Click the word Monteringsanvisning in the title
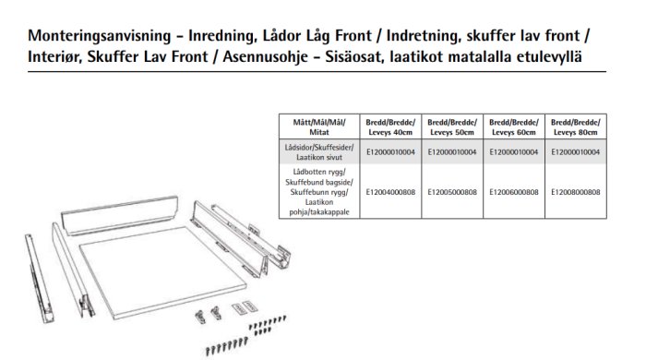click(100, 36)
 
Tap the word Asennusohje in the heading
click(266, 56)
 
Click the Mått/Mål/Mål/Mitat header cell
click(319, 126)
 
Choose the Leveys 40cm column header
click(390, 126)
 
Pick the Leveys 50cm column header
click(452, 126)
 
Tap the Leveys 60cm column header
click(514, 126)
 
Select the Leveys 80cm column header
click(576, 126)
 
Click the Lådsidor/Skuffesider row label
click(319, 152)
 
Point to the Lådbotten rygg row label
click(319, 192)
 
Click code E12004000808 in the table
click(390, 192)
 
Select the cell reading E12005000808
click(452, 192)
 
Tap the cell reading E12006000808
click(514, 192)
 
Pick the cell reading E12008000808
click(576, 192)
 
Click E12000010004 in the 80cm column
click(576, 152)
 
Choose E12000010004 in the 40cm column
click(390, 152)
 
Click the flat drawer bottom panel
click(162, 272)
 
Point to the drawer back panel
click(120, 214)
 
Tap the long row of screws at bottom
click(227, 346)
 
